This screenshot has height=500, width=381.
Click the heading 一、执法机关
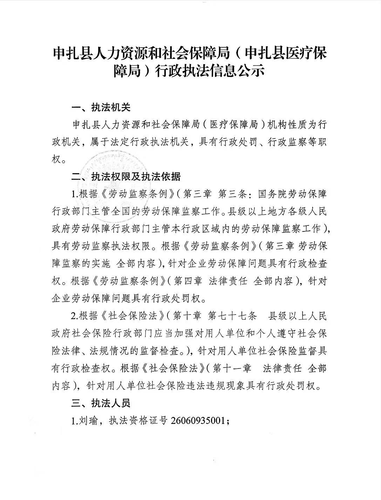pos(101,107)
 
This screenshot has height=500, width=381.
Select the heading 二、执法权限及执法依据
pos(125,177)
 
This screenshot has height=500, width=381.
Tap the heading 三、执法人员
pos(101,403)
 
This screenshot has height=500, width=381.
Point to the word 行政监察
pos(284,142)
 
